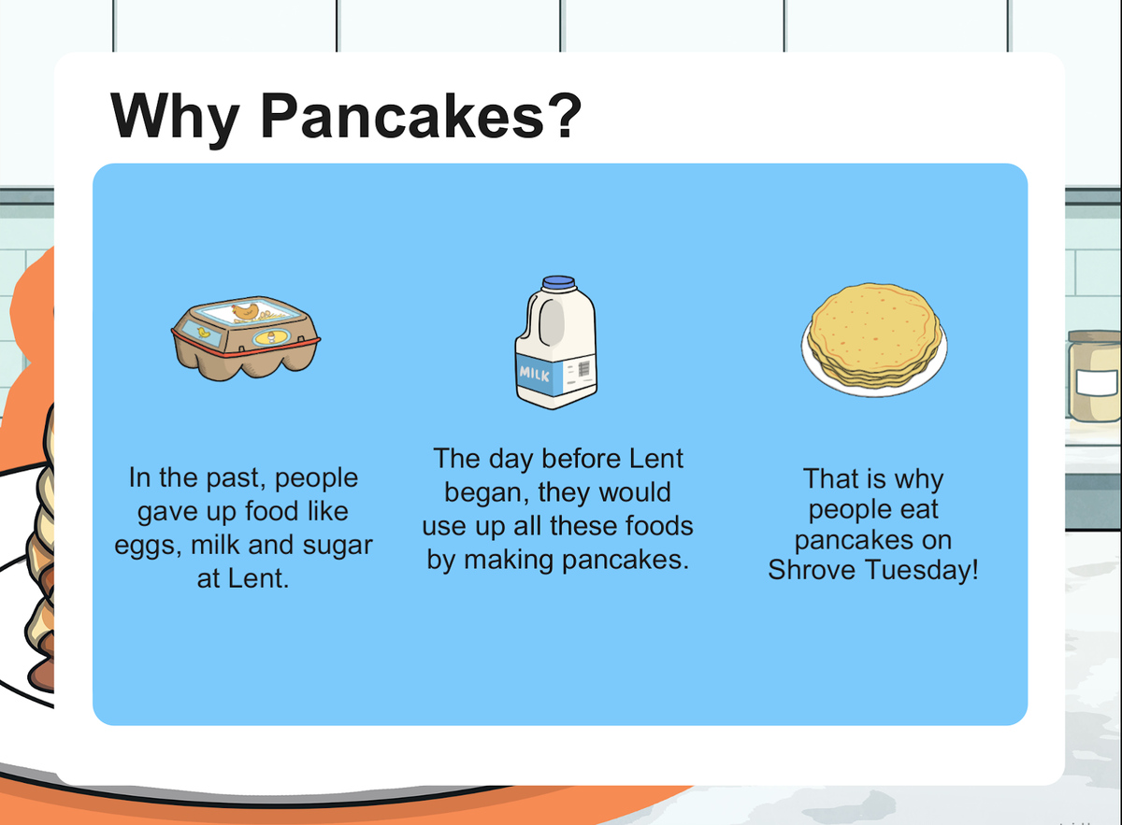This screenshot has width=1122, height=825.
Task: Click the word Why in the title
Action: pyautogui.click(x=174, y=118)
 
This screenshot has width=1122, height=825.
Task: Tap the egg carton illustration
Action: pyautogui.click(x=245, y=338)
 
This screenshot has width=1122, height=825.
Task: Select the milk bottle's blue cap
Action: pyautogui.click(x=558, y=283)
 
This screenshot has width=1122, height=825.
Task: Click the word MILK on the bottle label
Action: pyautogui.click(x=534, y=373)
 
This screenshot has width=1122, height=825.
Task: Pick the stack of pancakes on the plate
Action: pyautogui.click(x=874, y=336)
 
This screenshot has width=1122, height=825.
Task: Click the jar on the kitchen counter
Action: pyautogui.click(x=1095, y=376)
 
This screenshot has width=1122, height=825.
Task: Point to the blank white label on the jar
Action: pyautogui.click(x=1097, y=383)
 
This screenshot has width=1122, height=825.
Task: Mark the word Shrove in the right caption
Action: pyautogui.click(x=812, y=570)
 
